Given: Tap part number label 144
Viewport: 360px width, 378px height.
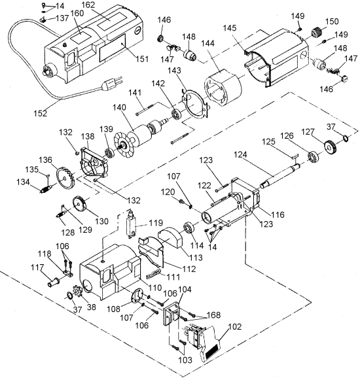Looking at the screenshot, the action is (x=207, y=43).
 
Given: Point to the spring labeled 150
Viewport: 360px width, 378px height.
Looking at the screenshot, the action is (x=316, y=32).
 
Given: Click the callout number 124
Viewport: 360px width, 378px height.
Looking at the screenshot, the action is (x=240, y=154).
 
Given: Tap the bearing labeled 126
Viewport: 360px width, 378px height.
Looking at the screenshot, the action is (x=314, y=157).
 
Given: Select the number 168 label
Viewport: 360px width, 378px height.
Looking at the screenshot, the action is (x=214, y=315).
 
